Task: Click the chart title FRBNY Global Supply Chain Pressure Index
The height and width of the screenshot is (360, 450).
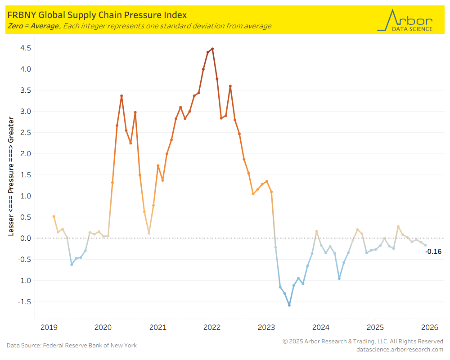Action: [x=97, y=15]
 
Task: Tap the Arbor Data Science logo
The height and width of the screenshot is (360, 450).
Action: [x=405, y=20]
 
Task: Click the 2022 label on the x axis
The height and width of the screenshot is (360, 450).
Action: [x=212, y=327]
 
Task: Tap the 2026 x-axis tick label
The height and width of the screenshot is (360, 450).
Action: [x=430, y=327]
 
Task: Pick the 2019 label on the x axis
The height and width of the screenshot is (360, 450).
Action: [x=49, y=327]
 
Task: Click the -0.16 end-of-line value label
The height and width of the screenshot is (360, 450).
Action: [x=433, y=252]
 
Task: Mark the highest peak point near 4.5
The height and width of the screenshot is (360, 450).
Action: [x=212, y=49]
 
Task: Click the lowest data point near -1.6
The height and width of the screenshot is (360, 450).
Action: [x=289, y=305]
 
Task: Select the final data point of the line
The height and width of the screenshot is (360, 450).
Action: [x=426, y=245]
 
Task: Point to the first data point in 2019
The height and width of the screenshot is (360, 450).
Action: [x=54, y=216]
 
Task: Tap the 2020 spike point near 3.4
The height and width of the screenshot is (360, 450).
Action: [x=121, y=96]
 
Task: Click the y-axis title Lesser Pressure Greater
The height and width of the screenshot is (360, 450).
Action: [x=11, y=176]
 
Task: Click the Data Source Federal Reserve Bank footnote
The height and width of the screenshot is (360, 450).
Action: [x=72, y=345]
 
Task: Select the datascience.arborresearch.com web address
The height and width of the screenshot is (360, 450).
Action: [x=400, y=349]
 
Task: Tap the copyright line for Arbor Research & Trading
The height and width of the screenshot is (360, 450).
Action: [x=363, y=341]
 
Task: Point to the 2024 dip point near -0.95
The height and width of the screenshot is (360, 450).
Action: [x=339, y=279]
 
